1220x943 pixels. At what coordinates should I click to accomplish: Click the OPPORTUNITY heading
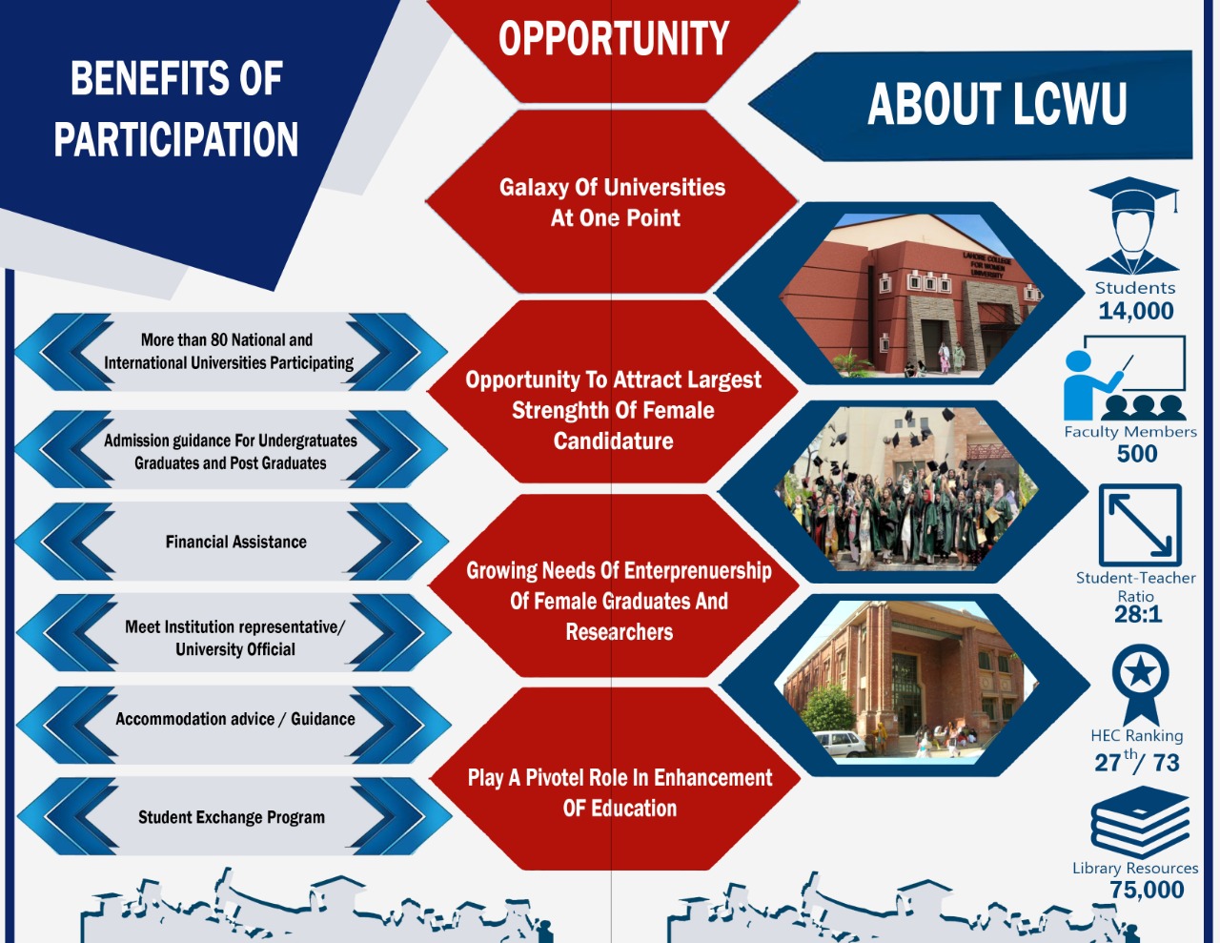(614, 38)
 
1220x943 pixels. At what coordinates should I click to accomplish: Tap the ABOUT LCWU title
(997, 104)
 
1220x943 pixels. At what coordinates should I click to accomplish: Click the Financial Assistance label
(235, 542)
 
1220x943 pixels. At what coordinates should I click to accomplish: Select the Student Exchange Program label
(232, 817)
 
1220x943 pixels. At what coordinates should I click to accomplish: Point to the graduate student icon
(1133, 226)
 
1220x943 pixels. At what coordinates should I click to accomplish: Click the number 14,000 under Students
(1136, 311)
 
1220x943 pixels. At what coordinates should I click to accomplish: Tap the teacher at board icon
(1125, 378)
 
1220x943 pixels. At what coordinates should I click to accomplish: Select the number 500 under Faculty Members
(1137, 454)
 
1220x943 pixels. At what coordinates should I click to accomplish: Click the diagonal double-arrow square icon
(1140, 525)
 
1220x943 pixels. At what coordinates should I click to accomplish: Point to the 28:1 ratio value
(1138, 614)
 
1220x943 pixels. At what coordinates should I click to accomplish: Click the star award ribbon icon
(1140, 685)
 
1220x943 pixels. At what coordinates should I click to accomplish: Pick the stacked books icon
(1140, 822)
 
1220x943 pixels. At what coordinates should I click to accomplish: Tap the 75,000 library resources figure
(1147, 891)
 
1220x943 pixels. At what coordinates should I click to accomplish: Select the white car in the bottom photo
(841, 744)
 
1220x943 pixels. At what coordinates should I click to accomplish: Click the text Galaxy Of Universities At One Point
(613, 203)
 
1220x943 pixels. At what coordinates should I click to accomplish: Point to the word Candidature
(613, 441)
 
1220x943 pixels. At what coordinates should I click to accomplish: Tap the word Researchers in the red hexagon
(620, 632)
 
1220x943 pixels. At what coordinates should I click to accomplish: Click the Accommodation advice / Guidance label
(235, 720)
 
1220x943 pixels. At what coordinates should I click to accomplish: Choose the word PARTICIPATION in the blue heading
(175, 139)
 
